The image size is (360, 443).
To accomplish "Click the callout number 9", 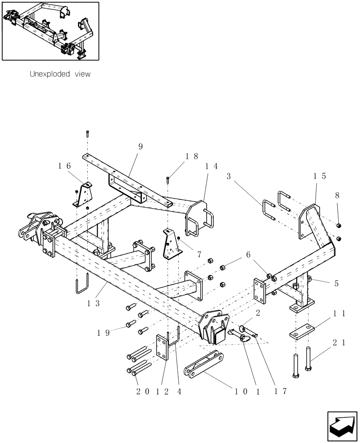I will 140,146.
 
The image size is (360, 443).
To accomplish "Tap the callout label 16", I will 64,166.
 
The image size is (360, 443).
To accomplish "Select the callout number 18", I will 192,156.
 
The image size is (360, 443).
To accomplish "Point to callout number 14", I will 211,166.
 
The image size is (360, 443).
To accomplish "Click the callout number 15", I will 320,176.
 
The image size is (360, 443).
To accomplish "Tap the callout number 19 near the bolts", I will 104,332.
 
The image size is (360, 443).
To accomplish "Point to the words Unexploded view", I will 60,74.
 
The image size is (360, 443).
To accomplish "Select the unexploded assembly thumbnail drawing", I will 50,31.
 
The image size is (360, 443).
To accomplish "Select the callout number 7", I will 200,255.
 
